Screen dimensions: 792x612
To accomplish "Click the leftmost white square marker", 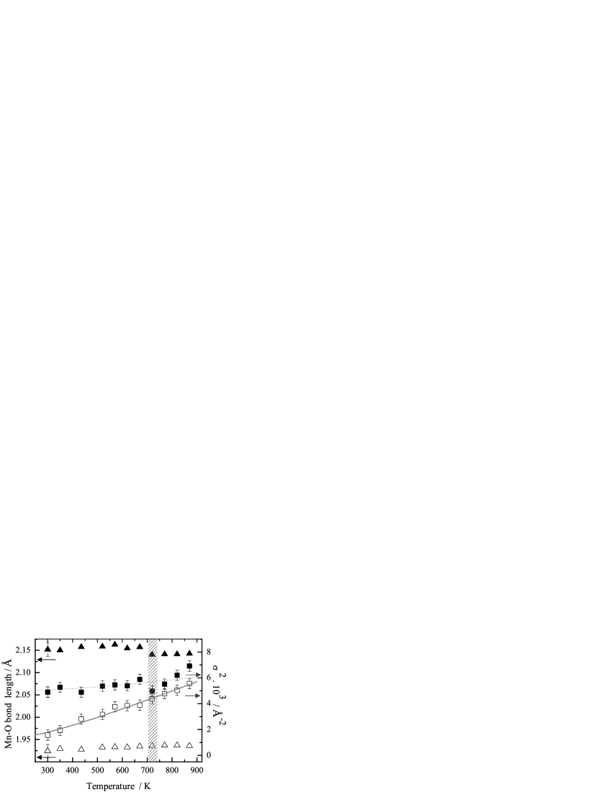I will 48,735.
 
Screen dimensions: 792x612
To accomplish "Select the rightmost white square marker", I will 189,683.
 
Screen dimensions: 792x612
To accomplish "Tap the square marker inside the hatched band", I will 152,699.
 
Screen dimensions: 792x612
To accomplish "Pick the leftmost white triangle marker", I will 48,750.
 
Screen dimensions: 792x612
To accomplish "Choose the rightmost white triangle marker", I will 189,745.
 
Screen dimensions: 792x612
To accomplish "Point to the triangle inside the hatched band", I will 152,745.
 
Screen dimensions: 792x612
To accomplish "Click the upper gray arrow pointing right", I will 193,675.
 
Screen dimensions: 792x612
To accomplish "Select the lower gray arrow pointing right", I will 192,696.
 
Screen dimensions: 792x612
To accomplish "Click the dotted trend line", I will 86,687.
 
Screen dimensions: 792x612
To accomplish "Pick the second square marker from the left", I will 60,730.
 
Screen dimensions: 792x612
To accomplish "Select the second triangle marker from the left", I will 60,748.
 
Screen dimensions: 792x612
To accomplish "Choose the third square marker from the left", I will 81,719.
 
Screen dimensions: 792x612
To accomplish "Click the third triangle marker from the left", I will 81,749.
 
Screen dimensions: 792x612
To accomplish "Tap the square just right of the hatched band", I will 164,693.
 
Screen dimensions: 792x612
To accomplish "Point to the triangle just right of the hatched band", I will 164,744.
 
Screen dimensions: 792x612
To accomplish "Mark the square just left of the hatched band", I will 140,705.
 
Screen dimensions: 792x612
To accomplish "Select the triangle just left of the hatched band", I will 140,746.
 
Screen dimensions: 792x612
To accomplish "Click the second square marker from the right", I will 177,690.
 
